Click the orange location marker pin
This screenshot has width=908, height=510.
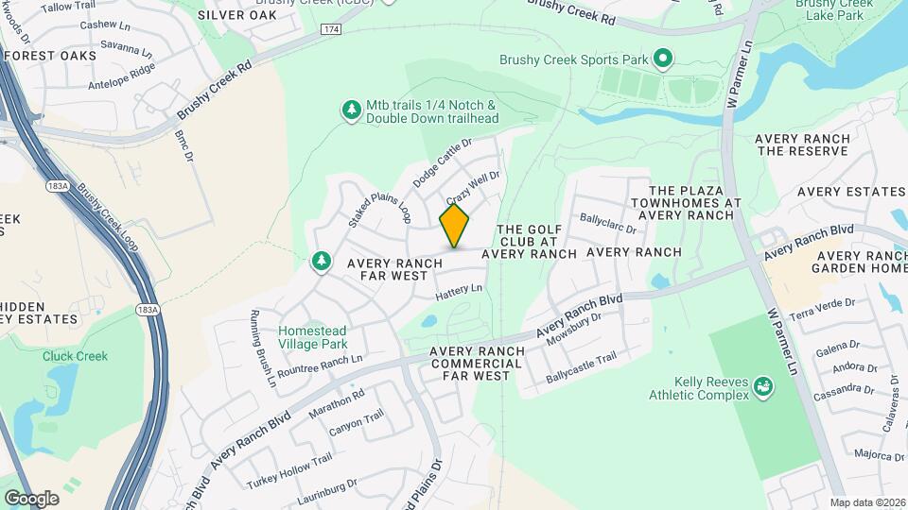(454, 226)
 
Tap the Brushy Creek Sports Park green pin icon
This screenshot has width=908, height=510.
(663, 59)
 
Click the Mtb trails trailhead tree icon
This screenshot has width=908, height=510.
(353, 110)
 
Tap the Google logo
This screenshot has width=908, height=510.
(31, 498)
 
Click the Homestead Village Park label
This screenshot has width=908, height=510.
(312, 337)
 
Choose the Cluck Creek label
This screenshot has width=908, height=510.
(75, 356)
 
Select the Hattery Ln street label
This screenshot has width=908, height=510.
(459, 295)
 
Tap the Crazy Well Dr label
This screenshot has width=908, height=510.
(472, 187)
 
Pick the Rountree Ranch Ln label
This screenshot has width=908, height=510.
(320, 364)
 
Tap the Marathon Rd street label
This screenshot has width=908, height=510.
(335, 404)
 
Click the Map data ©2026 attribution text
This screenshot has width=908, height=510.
(867, 502)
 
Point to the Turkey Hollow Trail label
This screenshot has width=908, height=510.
(289, 470)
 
